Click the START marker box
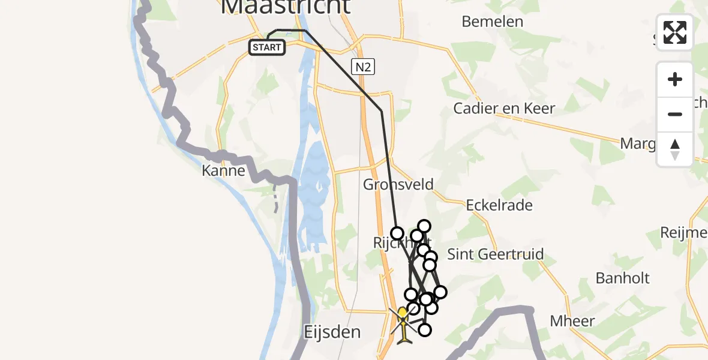tap(267, 47)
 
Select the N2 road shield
tap(362, 67)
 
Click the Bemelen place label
tap(492, 22)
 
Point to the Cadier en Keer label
tap(504, 109)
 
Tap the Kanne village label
tap(224, 170)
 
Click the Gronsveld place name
tap(398, 184)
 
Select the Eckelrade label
tap(499, 205)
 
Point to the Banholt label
tap(622, 278)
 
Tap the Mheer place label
tap(572, 321)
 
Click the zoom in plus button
tap(675, 79)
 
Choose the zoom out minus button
tap(675, 114)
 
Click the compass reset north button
tap(675, 149)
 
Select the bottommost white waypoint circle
tap(425, 329)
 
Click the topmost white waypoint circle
tap(424, 226)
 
